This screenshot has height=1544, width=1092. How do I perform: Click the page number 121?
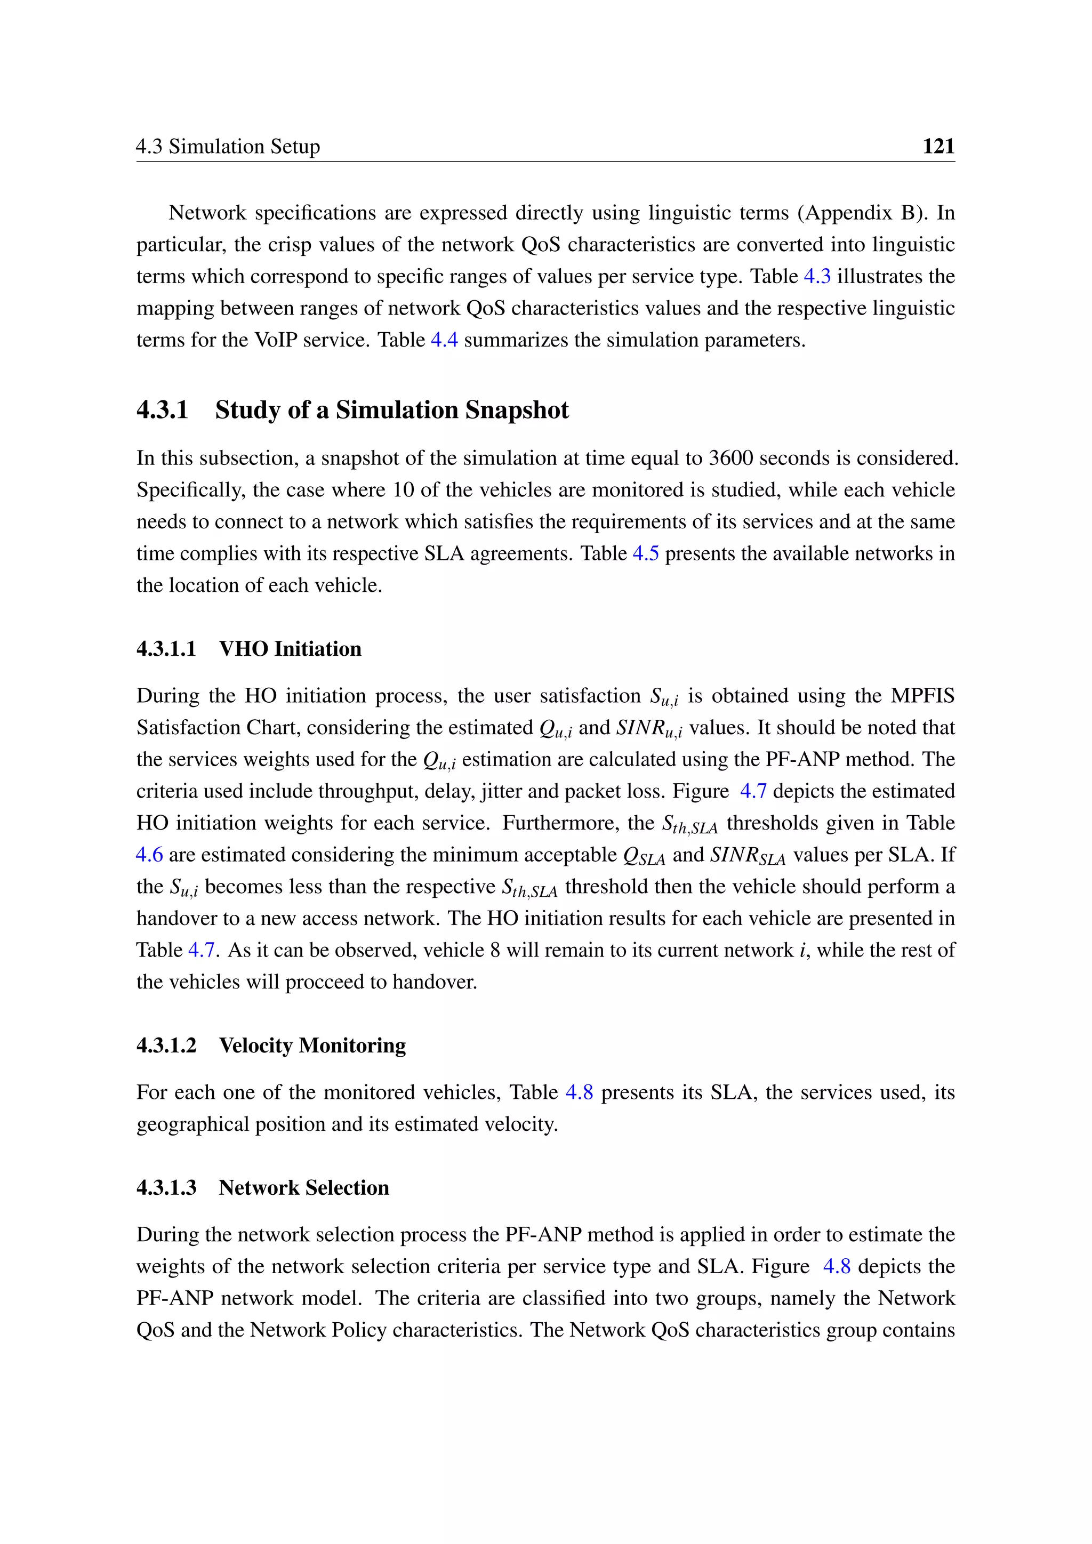coord(938,146)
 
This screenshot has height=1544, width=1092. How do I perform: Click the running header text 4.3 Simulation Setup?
coord(228,146)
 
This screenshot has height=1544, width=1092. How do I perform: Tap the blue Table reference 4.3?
coord(817,276)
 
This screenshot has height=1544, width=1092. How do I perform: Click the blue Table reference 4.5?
coord(646,553)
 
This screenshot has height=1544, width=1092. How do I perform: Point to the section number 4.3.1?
coord(162,409)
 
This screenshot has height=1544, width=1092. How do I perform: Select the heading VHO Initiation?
coord(290,648)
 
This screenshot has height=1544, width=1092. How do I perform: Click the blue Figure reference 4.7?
coord(753,791)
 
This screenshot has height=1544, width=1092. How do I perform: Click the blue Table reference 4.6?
coord(149,855)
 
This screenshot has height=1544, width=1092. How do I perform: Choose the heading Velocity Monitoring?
coord(312,1045)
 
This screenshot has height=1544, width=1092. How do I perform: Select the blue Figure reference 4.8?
coord(837,1266)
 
